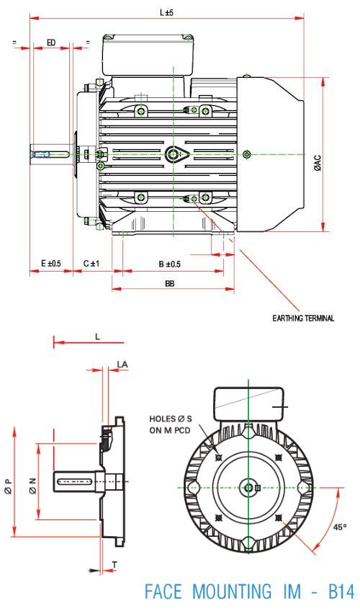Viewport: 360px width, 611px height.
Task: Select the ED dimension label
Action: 51,43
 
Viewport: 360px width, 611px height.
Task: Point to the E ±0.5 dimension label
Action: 51,264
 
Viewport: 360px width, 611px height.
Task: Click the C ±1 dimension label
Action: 91,264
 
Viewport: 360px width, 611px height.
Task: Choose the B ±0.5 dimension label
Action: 170,264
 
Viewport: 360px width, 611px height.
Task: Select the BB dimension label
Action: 170,284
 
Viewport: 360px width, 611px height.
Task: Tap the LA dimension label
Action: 122,365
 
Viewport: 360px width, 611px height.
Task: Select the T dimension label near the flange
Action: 114,563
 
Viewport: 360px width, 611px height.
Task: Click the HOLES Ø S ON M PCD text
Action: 170,424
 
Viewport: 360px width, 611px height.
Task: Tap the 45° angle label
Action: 340,527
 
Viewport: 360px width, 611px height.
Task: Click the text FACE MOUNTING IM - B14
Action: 249,592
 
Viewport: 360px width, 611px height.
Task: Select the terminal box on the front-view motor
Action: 249,404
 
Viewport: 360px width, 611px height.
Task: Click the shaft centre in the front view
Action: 248,488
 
